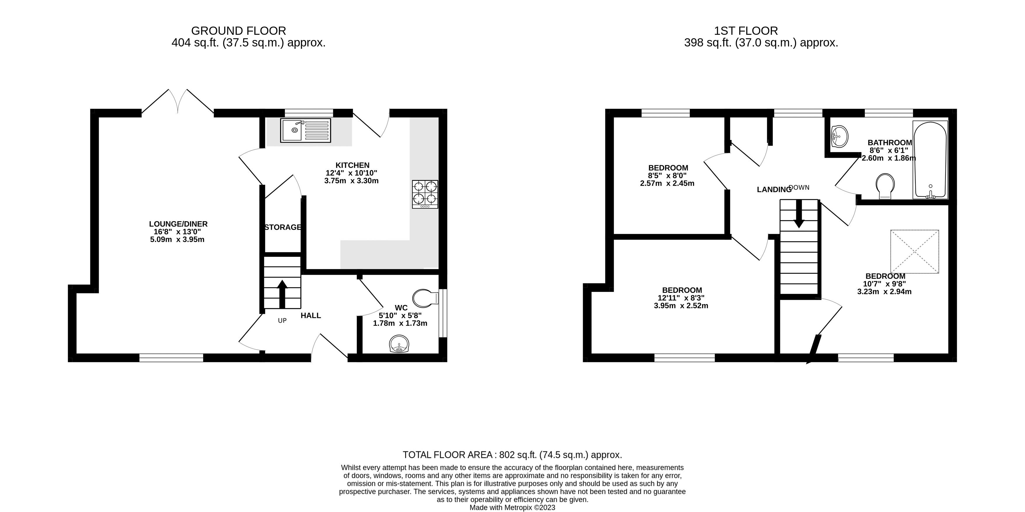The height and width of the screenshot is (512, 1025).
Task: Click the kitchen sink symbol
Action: click(305, 131)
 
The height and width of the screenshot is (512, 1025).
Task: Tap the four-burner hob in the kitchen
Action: click(425, 194)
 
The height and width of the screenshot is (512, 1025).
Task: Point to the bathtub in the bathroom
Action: click(930, 160)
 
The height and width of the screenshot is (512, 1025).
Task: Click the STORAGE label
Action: click(283, 227)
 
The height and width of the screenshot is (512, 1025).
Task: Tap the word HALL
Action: click(310, 316)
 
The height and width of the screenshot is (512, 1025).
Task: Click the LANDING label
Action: click(774, 190)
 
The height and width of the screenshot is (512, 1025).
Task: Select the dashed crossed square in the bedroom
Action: click(915, 251)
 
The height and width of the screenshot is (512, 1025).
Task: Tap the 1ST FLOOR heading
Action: click(746, 31)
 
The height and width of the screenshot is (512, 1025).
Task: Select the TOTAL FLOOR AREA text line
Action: click(512, 455)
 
